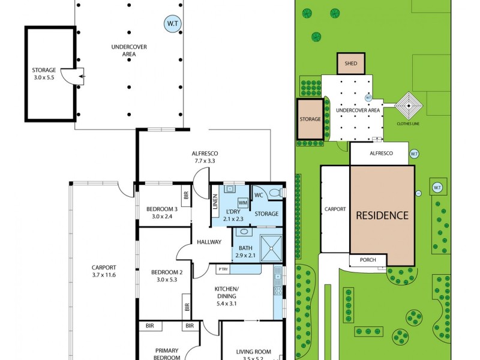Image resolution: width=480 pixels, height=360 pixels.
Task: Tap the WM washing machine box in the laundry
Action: pyautogui.click(x=243, y=203)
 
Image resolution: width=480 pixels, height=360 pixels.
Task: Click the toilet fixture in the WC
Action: pyautogui.click(x=275, y=193)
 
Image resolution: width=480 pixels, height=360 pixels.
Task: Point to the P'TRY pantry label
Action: pyautogui.click(x=223, y=269)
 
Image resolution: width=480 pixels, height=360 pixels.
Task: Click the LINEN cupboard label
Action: pyautogui.click(x=215, y=202)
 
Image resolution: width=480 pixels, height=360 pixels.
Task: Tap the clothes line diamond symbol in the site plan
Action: pyautogui.click(x=409, y=106)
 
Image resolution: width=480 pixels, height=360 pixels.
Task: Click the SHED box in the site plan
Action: pyautogui.click(x=351, y=64)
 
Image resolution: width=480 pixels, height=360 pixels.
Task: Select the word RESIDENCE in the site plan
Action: pyautogui.click(x=382, y=215)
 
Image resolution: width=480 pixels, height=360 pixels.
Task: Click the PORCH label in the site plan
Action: pyautogui.click(x=368, y=260)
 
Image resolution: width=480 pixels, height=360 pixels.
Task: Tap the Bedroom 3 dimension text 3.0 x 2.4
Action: pyautogui.click(x=162, y=217)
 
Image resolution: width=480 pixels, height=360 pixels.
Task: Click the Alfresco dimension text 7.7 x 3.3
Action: pyautogui.click(x=205, y=161)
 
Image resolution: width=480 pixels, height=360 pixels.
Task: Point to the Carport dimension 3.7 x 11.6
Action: pyautogui.click(x=104, y=275)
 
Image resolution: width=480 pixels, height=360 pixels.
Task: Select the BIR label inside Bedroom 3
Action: pyautogui.click(x=187, y=196)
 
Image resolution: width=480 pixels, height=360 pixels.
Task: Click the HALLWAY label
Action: pyautogui.click(x=209, y=242)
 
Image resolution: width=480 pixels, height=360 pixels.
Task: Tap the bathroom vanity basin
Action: pyautogui.click(x=244, y=232)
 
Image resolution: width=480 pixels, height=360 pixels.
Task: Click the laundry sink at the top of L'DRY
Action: pyautogui.click(x=229, y=188)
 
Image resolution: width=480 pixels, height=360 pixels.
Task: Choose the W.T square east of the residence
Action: pyautogui.click(x=437, y=187)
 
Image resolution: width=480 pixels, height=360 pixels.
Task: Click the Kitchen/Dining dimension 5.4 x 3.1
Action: pyautogui.click(x=227, y=304)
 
